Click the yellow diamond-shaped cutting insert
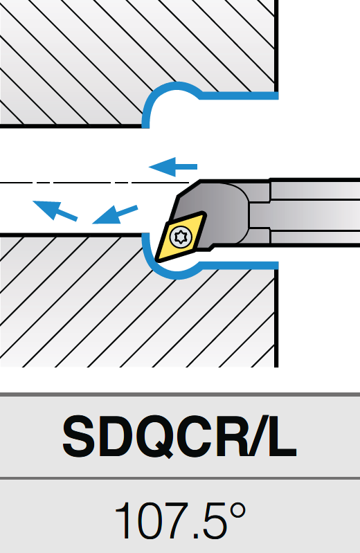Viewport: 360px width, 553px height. (181, 237)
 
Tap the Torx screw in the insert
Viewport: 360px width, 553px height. (181, 236)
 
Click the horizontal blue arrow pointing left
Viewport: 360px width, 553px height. (172, 167)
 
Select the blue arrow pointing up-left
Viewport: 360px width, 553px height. (55, 210)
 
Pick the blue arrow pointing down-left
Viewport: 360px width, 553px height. (115, 215)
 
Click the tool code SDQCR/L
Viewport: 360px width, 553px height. (179, 436)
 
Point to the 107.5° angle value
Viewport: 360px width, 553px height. (180, 521)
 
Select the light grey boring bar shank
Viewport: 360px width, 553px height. (315, 212)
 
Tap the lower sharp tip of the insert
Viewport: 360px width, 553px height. (156, 262)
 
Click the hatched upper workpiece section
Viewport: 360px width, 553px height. (138, 53)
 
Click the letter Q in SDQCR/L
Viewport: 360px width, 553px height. (158, 437)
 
